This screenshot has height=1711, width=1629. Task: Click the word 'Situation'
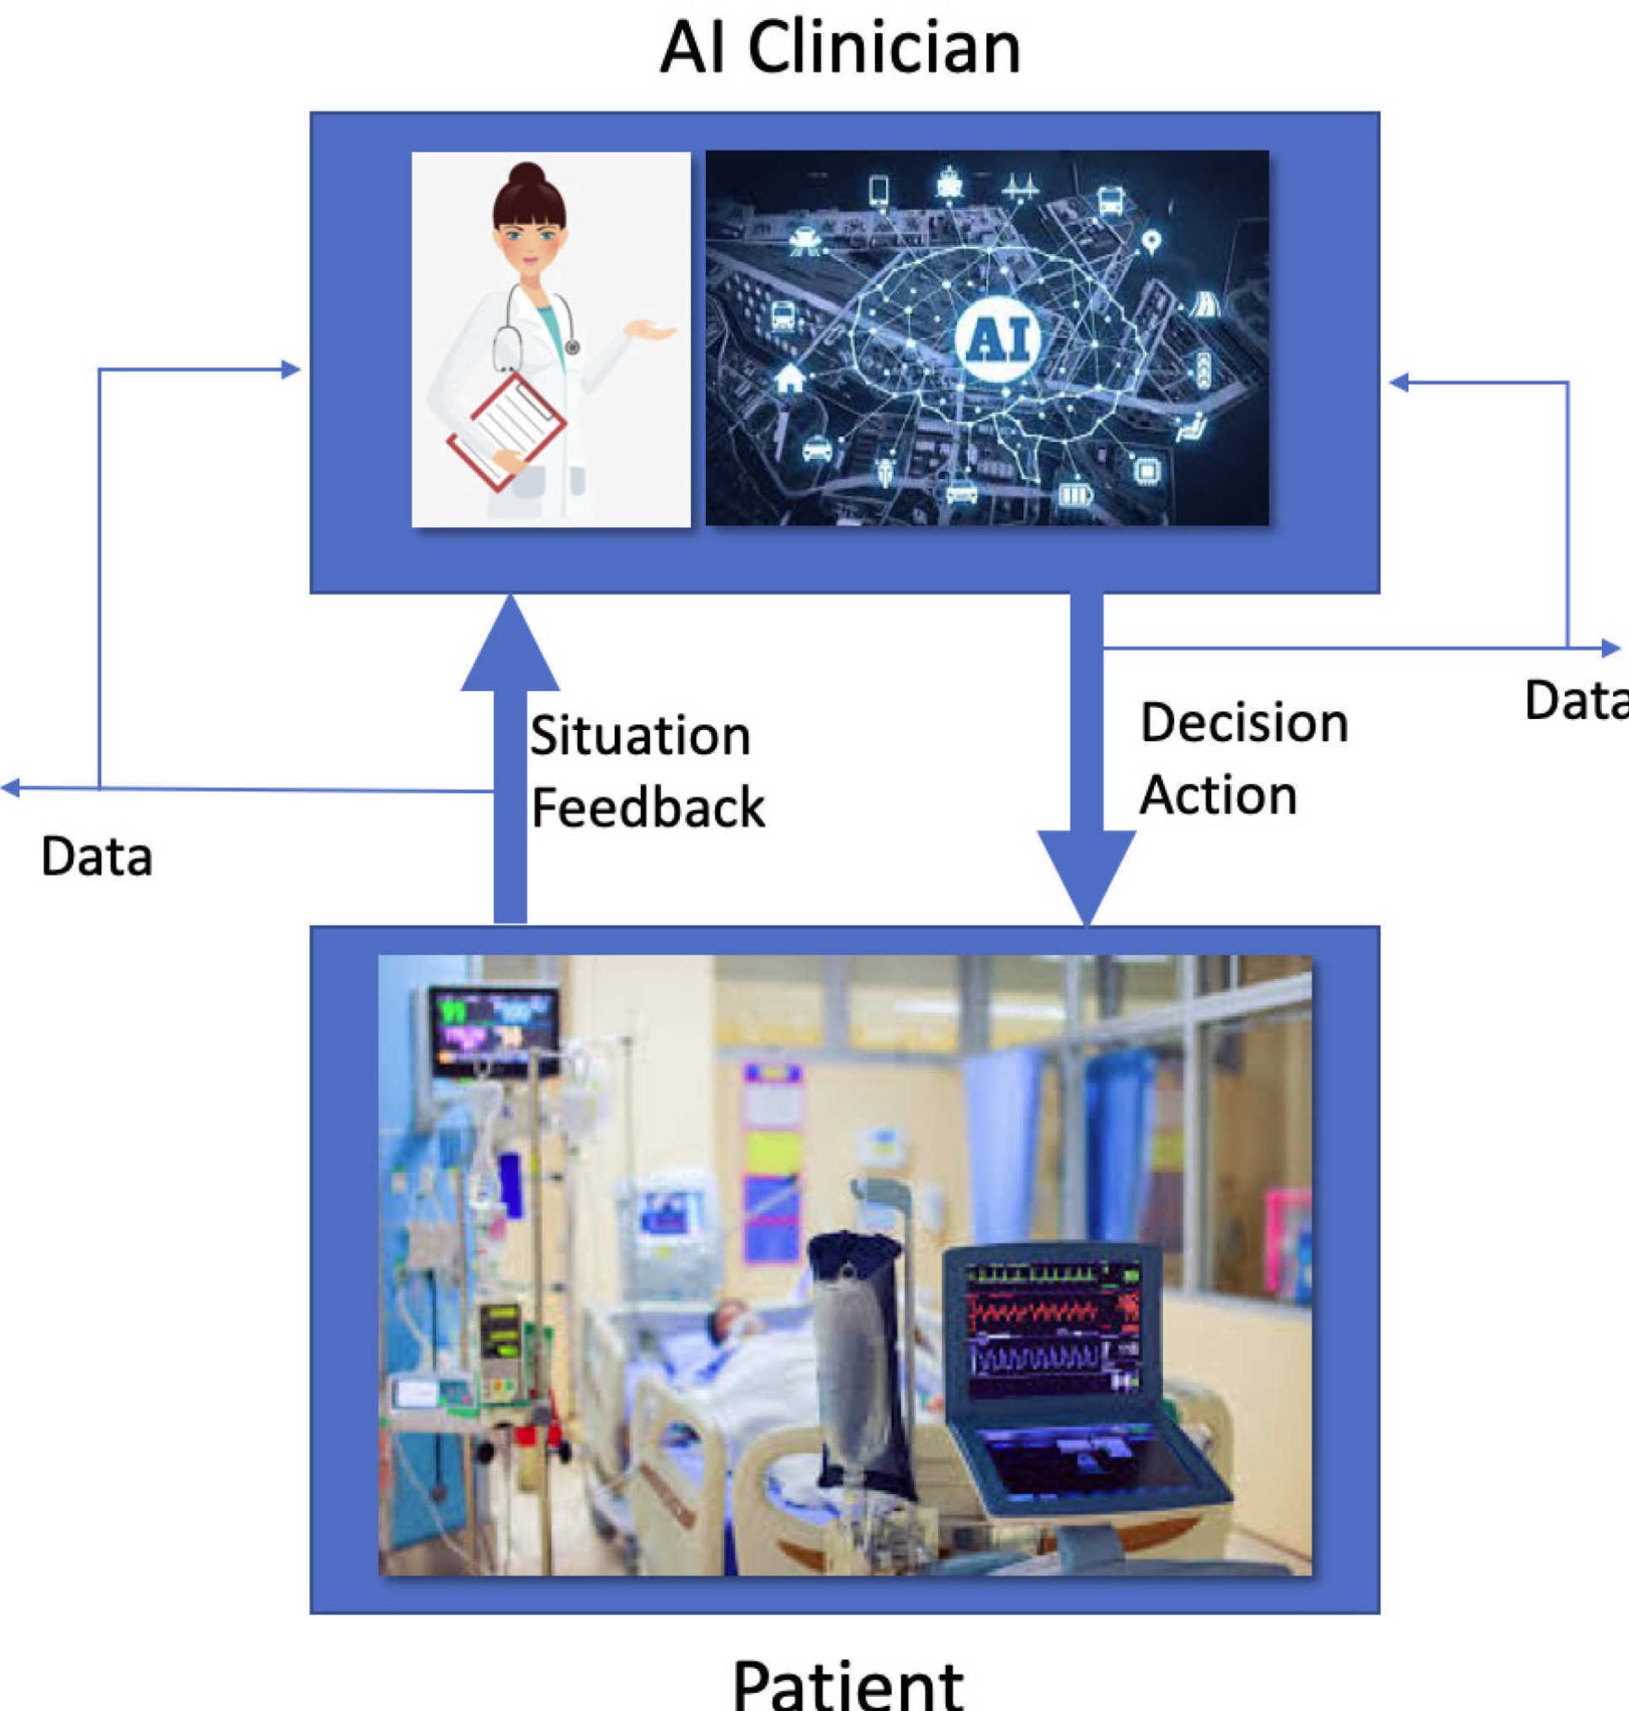click(x=640, y=736)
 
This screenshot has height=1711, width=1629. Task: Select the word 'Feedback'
click(x=648, y=808)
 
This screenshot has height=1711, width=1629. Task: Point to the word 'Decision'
click(x=1243, y=723)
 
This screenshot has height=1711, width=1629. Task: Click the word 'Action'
click(x=1217, y=795)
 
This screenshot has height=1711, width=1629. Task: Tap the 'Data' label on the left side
click(x=96, y=856)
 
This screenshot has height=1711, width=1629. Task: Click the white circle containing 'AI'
click(x=996, y=338)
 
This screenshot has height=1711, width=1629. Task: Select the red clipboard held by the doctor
click(x=507, y=429)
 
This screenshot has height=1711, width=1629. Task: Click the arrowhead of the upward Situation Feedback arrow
click(x=510, y=647)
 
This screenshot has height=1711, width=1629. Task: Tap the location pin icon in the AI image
click(x=1151, y=241)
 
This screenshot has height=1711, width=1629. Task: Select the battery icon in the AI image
click(x=1075, y=494)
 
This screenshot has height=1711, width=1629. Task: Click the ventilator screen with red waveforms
click(x=1054, y=1326)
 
